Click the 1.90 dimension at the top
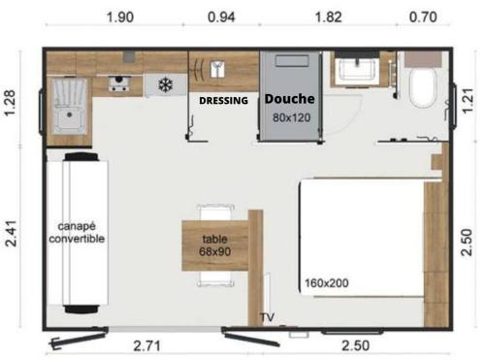tap(120, 16)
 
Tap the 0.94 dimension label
tap(221, 16)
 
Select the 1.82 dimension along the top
tap(328, 16)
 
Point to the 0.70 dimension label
tap(423, 16)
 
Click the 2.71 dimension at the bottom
tap(147, 346)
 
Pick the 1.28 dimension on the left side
tap(10, 103)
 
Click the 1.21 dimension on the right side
tap(468, 101)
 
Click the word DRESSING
tap(223, 101)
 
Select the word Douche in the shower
tap(290, 99)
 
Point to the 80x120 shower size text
tap(291, 117)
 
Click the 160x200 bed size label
tap(327, 283)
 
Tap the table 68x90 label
tap(214, 245)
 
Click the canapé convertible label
tap(77, 233)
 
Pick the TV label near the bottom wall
tap(268, 317)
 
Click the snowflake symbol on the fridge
tap(166, 84)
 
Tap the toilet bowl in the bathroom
tap(423, 88)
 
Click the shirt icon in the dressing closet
tap(217, 69)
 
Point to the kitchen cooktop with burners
tap(118, 84)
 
